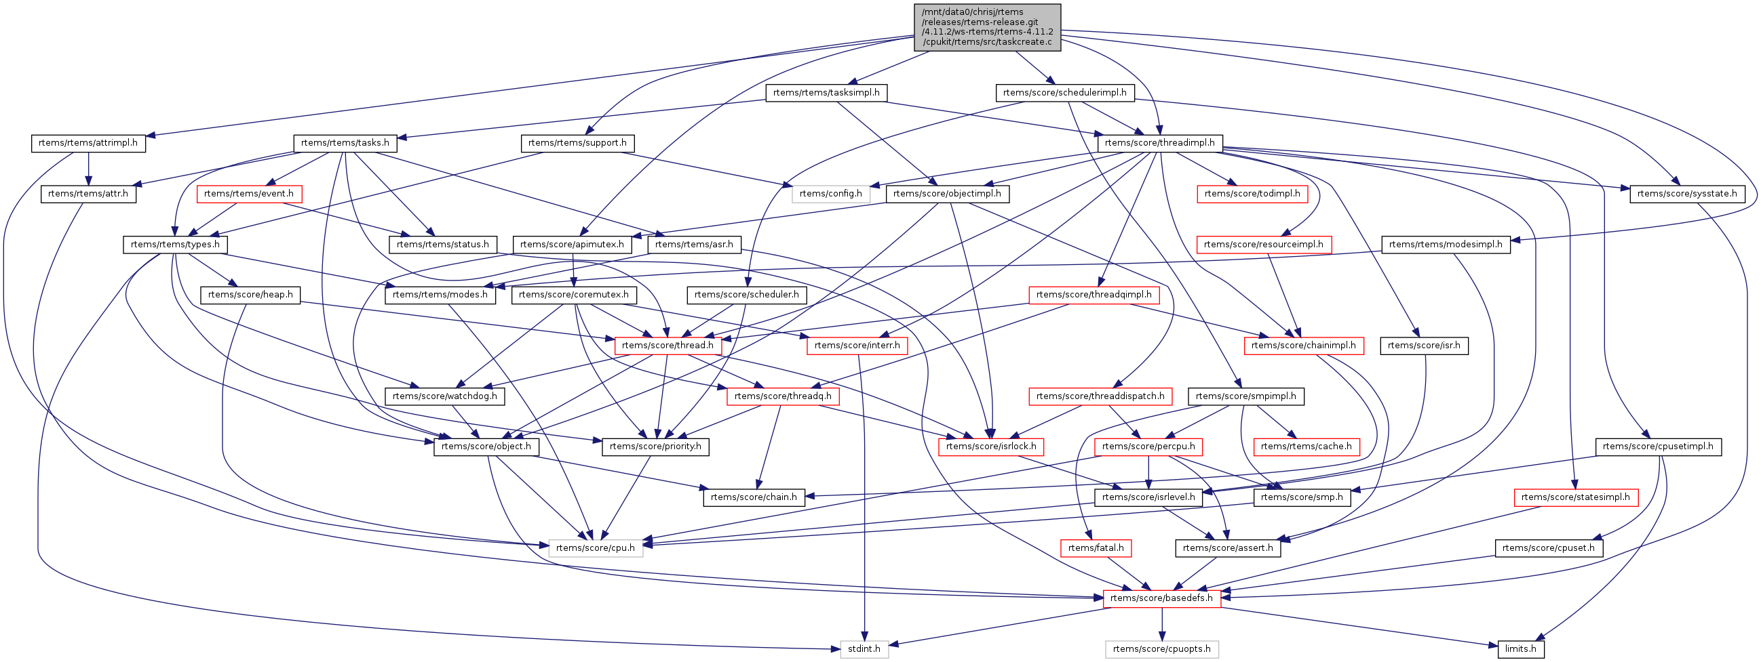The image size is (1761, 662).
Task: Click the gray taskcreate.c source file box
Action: (x=987, y=27)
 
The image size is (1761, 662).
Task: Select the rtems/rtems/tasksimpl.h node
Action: (x=826, y=93)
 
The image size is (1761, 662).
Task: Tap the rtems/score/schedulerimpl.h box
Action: (x=1064, y=93)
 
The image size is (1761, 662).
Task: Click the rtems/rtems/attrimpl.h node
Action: (x=88, y=144)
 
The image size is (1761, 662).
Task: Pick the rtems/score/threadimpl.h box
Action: (x=1159, y=144)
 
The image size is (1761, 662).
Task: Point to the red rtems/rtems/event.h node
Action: (x=249, y=194)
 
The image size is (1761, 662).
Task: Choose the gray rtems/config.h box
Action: (x=830, y=194)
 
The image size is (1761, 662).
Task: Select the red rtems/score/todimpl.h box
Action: (x=1252, y=194)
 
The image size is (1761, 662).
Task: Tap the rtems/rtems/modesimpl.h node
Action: (x=1446, y=245)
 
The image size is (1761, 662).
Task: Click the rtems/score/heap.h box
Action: (x=250, y=295)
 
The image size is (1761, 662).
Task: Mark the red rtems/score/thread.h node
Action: (x=668, y=346)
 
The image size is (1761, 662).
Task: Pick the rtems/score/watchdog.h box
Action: (x=445, y=396)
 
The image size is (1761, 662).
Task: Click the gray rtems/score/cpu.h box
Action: (x=596, y=548)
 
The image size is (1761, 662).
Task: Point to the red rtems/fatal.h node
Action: (x=1096, y=548)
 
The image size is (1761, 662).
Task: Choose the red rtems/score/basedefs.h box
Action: (x=1161, y=598)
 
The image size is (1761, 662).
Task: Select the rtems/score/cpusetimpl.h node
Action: (x=1658, y=447)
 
